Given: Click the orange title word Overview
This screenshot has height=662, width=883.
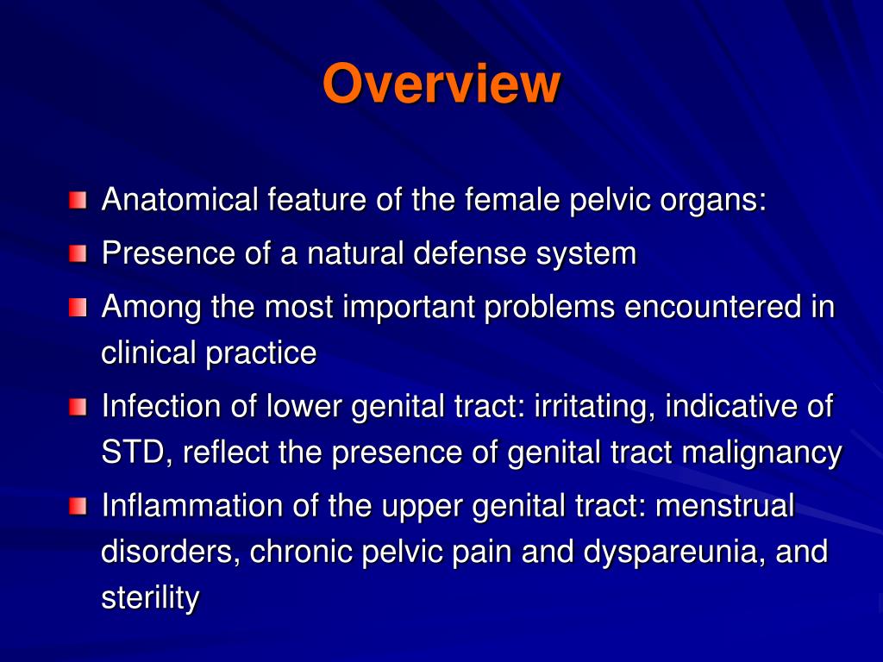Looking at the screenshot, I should point(441,84).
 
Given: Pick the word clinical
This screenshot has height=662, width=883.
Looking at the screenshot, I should point(147,353).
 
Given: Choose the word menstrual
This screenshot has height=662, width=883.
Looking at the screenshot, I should point(724,506).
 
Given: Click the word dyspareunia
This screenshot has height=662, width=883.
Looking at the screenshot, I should point(660,552).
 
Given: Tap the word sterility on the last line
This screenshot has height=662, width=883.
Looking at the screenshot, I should point(150,598).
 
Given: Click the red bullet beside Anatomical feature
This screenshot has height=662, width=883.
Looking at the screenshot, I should point(78,202).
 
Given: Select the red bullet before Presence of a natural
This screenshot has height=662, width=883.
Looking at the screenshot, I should point(78,254).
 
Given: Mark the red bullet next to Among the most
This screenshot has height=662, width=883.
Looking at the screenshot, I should point(78,308).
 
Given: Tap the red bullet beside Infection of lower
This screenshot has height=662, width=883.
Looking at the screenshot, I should point(78,407).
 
